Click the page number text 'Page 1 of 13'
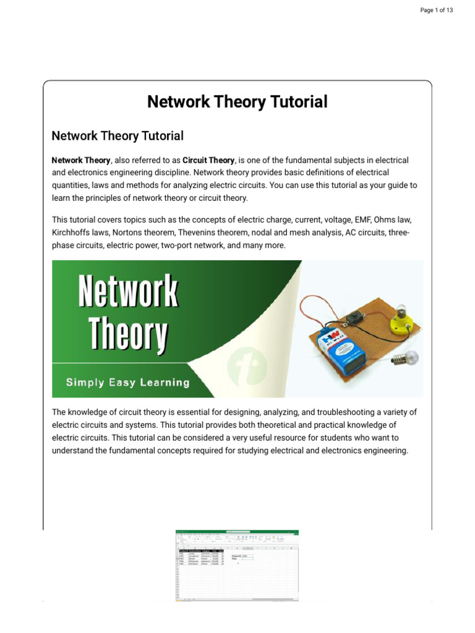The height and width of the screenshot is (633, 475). coord(437,11)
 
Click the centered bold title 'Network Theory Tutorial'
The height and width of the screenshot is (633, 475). coord(237,102)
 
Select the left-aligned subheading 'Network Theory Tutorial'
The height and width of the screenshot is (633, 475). coord(118,135)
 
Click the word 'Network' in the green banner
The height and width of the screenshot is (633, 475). coord(128,292)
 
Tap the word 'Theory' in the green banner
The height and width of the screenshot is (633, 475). coord(128,334)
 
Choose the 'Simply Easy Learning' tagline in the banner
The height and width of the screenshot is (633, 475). coord(128,382)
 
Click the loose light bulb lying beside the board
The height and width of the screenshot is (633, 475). coord(406,357)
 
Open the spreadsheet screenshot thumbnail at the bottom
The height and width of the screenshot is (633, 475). coord(237,564)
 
